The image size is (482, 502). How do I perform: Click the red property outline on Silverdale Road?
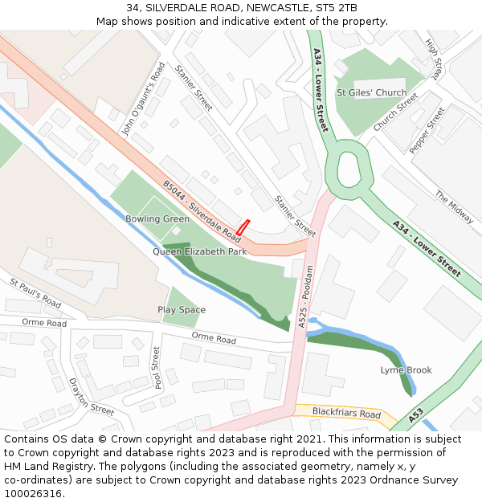243,227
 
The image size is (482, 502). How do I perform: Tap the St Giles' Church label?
371,92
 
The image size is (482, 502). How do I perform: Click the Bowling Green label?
157,218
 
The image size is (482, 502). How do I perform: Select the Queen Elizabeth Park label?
199,251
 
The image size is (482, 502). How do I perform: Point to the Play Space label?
182,310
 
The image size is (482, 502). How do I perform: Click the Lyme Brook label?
406,370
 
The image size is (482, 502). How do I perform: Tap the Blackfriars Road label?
346,414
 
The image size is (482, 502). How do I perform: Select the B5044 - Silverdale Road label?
202,209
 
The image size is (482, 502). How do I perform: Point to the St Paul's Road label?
35,293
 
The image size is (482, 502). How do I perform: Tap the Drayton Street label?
91,397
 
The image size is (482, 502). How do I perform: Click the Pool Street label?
157,367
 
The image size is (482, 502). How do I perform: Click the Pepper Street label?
427,130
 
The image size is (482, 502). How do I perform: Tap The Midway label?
454,206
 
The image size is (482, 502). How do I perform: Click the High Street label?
435,59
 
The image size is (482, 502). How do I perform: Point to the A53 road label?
415,416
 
